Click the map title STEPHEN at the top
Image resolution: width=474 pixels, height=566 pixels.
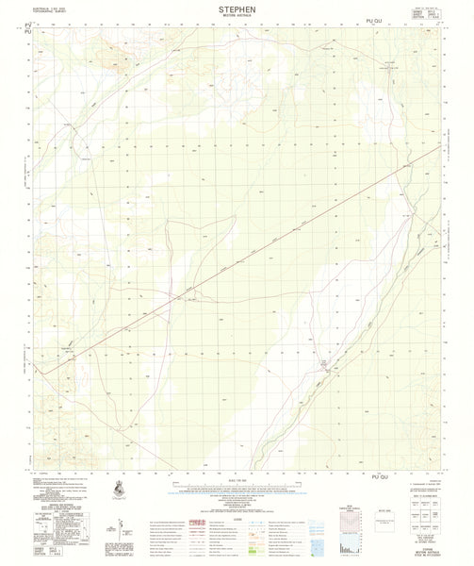pos(237,8)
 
